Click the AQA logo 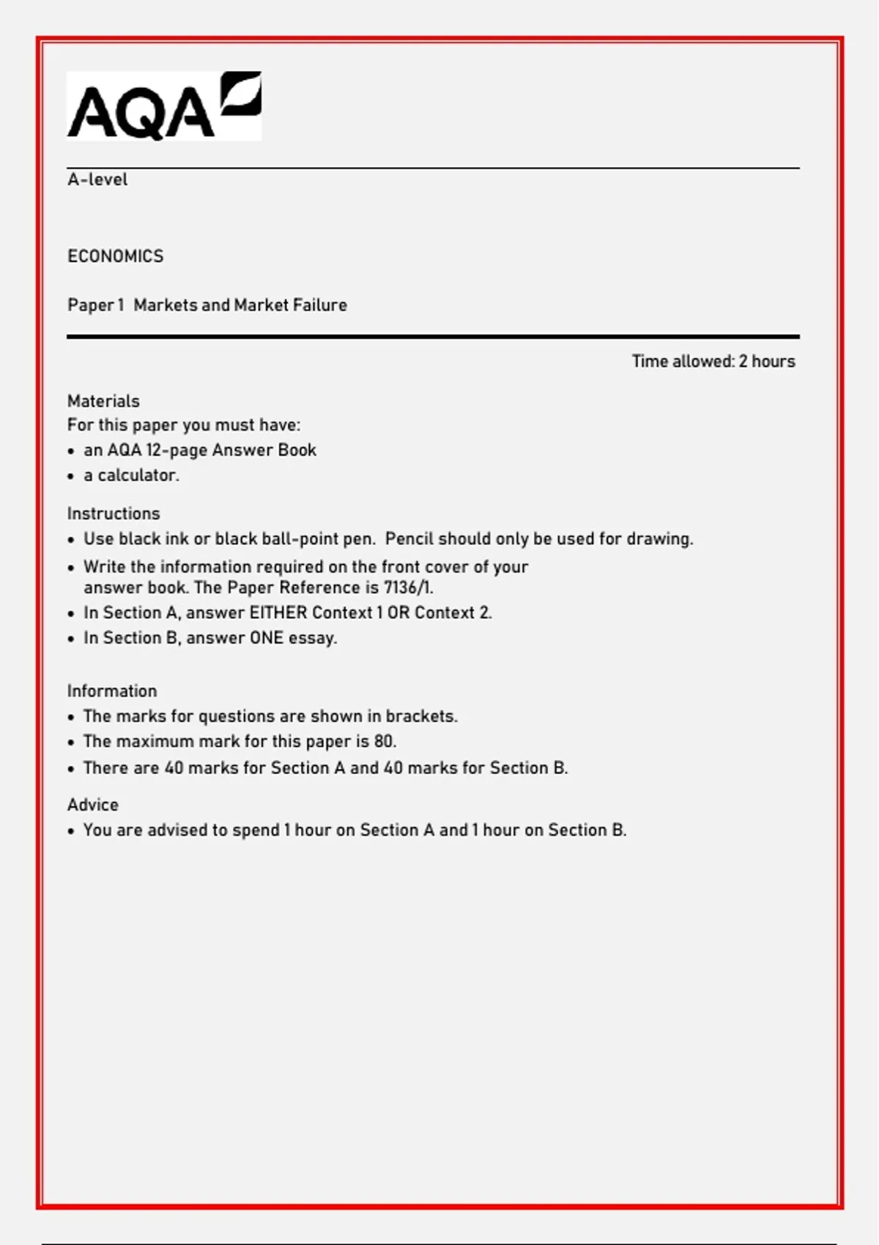tap(164, 106)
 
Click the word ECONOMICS tap(116, 256)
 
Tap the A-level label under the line tap(97, 179)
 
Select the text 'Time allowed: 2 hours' tap(713, 361)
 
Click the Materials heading tap(103, 401)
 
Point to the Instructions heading tap(114, 513)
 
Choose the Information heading tap(112, 691)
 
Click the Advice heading tap(93, 805)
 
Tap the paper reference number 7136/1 tap(407, 588)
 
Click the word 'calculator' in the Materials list tap(138, 475)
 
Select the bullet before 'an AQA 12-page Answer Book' tap(71, 451)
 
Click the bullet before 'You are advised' tap(71, 831)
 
